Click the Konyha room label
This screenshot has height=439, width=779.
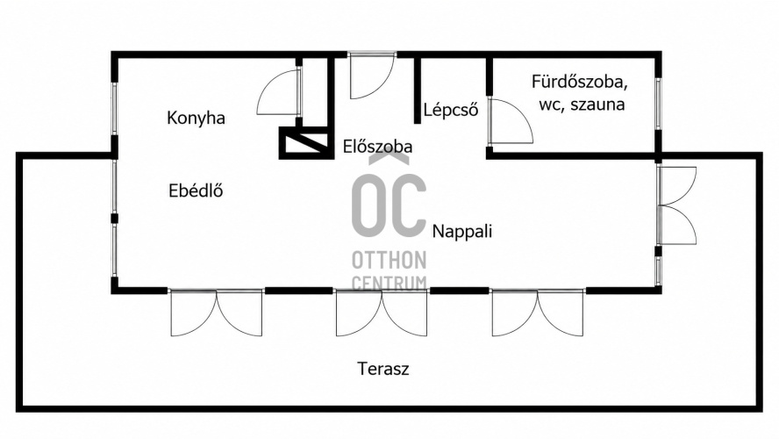click(196, 119)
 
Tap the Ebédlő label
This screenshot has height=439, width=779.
click(196, 191)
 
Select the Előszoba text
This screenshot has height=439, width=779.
click(377, 147)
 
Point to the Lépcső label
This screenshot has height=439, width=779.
click(451, 110)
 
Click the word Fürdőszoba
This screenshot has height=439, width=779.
click(579, 82)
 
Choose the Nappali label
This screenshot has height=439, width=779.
click(462, 232)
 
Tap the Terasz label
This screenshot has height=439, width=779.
click(383, 369)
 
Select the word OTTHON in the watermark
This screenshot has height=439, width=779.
click(389, 260)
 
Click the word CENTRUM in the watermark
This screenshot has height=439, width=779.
click(389, 283)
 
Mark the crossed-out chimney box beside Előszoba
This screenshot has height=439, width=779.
click(305, 143)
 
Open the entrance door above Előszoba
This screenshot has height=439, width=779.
click(372, 76)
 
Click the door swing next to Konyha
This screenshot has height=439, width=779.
click(279, 92)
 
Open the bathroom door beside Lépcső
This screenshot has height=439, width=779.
click(511, 121)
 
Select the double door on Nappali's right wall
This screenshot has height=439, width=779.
click(676, 205)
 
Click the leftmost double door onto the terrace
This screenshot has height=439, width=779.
click(216, 313)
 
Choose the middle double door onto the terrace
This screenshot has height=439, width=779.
click(381, 313)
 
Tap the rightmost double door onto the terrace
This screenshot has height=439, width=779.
click(538, 313)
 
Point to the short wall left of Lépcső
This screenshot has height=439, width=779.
click(418, 90)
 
